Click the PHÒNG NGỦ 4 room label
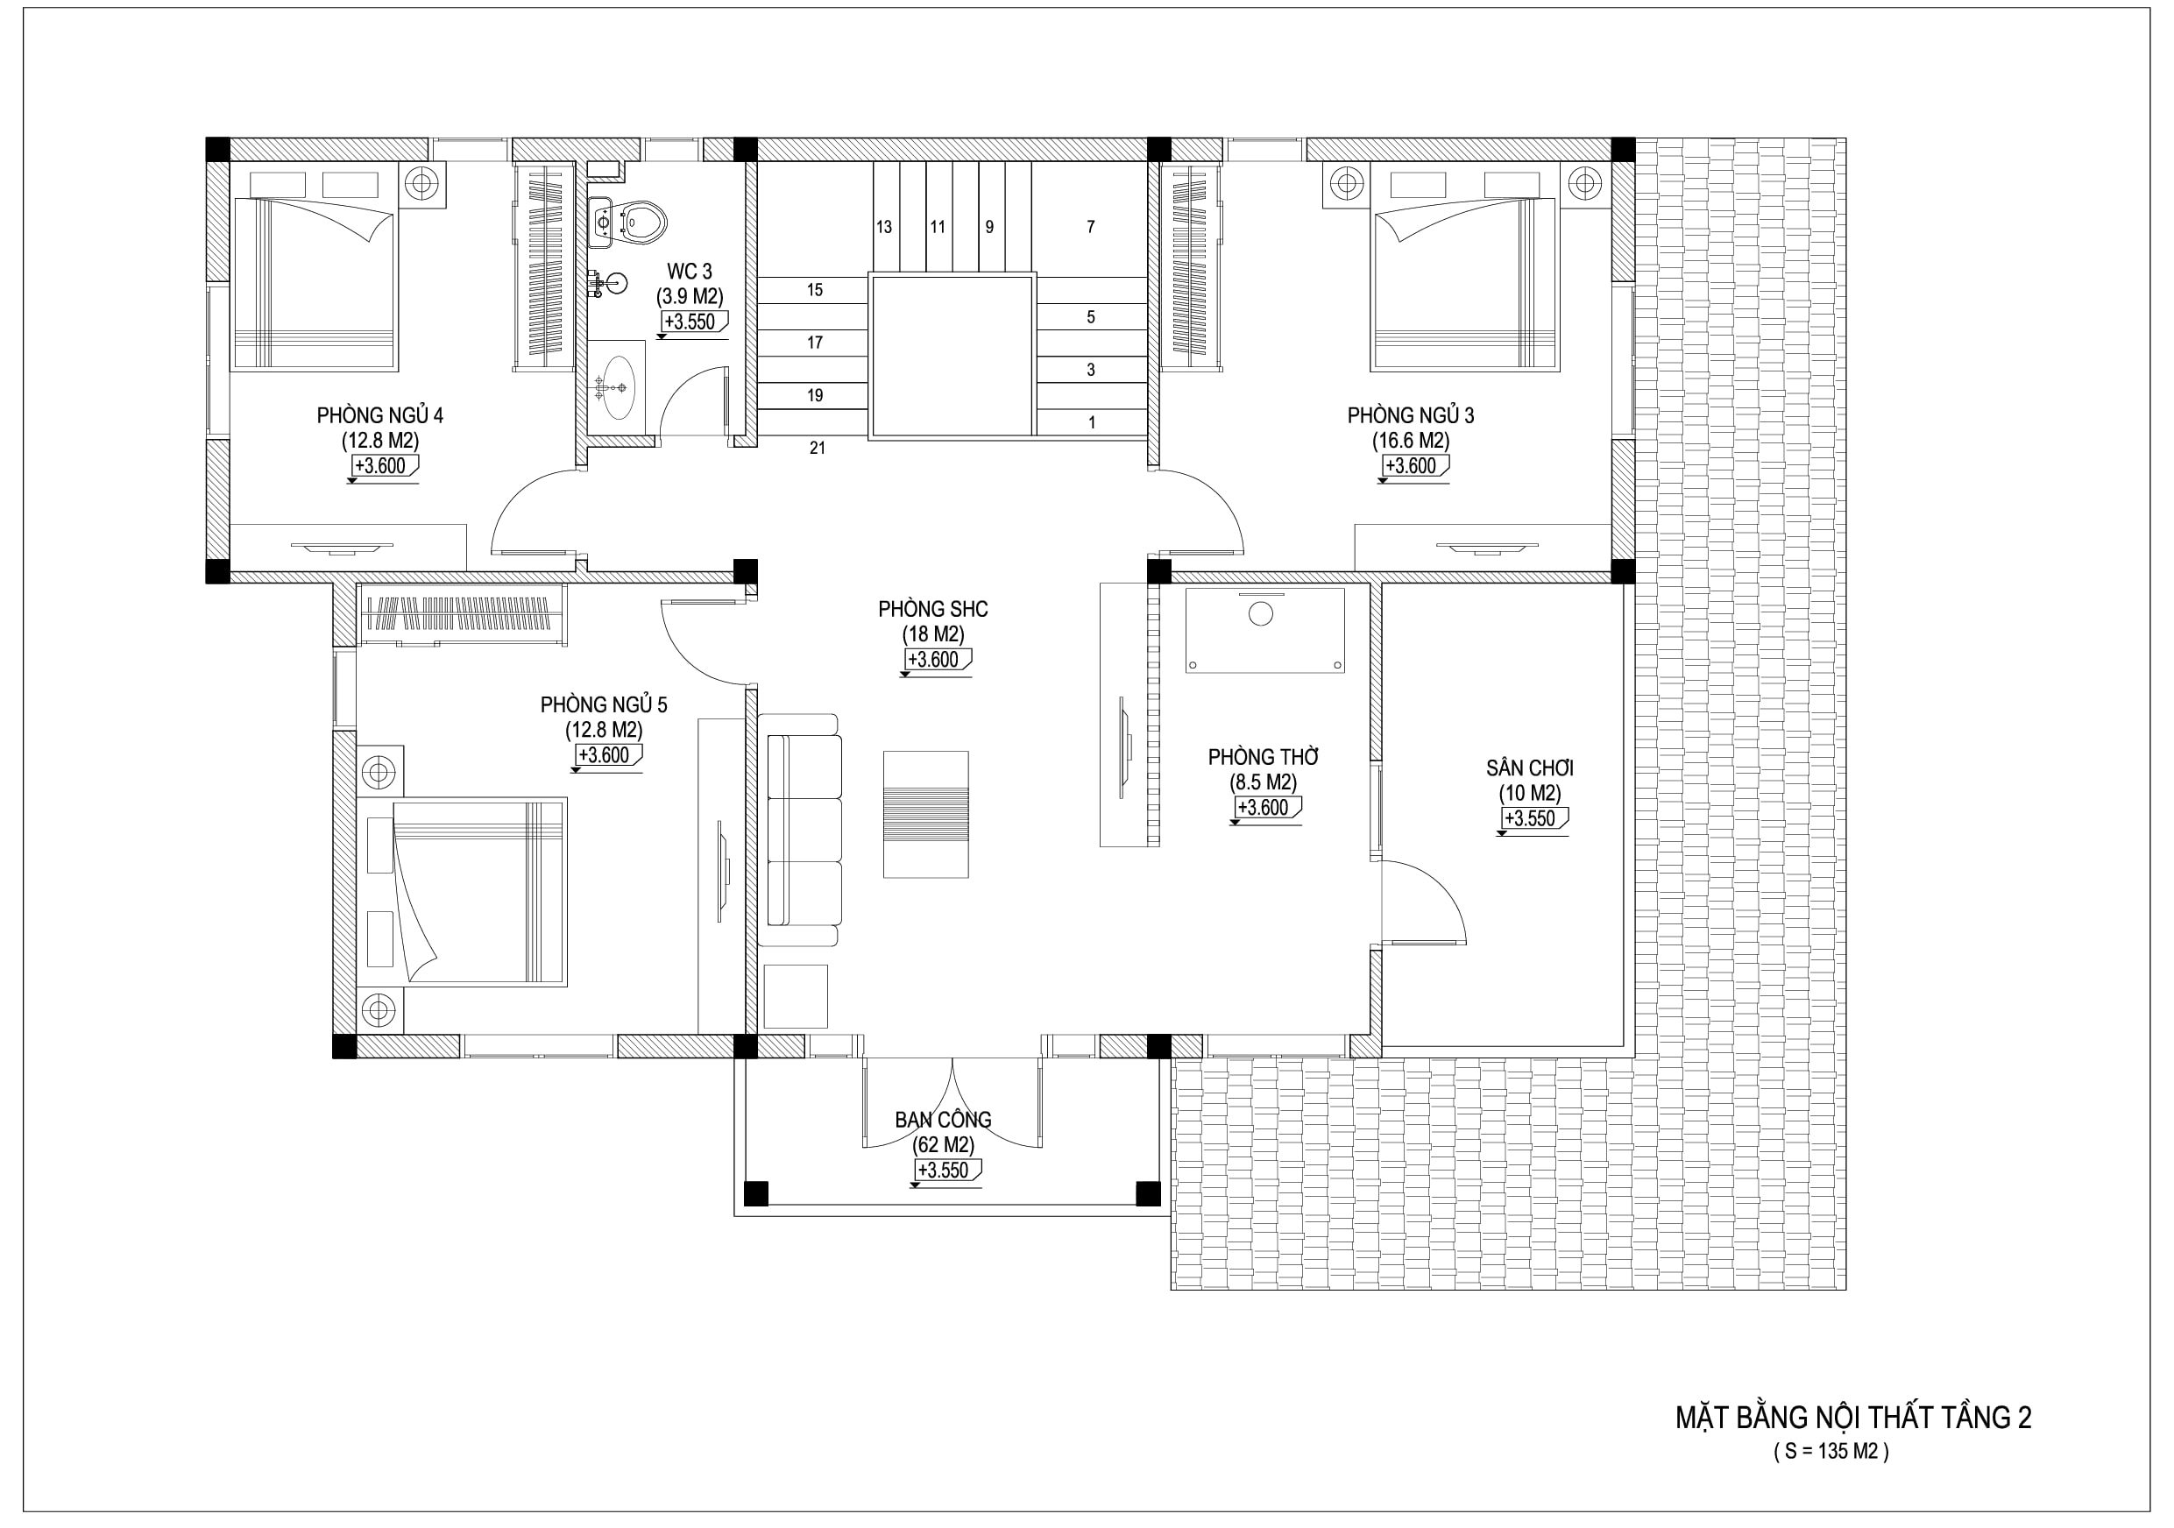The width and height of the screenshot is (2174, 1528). pos(379,415)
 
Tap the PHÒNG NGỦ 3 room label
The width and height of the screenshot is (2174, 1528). pos(1411,415)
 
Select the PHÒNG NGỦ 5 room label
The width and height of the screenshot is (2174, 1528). pos(604,705)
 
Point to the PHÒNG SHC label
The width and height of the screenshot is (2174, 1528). pos(932,610)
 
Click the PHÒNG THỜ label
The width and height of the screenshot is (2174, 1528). pos(1263,757)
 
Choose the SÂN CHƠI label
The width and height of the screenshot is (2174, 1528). pos(1530,768)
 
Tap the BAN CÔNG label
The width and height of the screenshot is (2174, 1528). pos(943,1120)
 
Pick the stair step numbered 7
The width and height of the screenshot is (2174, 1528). pos(1091,227)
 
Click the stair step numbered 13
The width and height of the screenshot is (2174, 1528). pos(883,227)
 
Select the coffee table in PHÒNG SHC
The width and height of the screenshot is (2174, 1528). pos(926,814)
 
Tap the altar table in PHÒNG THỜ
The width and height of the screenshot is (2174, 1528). pos(1265,631)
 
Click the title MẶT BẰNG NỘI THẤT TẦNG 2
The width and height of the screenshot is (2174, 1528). pos(1853,1418)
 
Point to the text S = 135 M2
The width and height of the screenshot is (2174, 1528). pos(1831,1451)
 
